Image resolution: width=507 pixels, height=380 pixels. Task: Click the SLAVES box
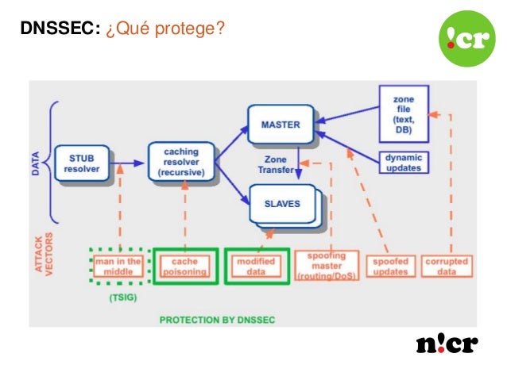282,203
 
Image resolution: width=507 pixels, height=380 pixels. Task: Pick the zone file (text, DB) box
404,113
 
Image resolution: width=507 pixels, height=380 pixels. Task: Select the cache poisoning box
184,266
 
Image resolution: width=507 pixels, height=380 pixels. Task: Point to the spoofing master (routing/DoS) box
326,266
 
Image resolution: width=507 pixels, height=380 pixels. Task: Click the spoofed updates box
391,266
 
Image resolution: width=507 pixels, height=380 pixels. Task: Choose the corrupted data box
447,266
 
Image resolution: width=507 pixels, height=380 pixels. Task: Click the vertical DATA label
37,163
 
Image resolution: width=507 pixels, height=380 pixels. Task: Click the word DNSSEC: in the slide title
60,29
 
